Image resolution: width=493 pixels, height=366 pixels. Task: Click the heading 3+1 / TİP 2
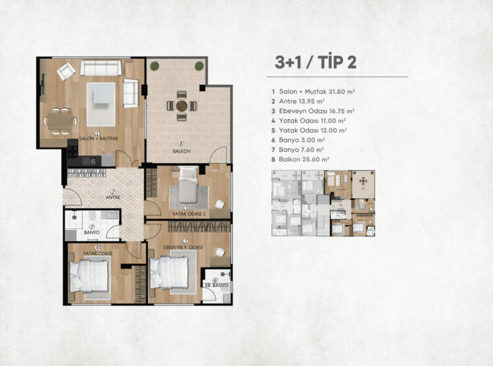(x=316, y=62)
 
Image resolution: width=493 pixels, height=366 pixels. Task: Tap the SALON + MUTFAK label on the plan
(x=99, y=139)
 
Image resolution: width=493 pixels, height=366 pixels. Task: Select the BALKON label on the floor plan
(x=181, y=151)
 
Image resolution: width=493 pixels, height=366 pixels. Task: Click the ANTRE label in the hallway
(x=113, y=197)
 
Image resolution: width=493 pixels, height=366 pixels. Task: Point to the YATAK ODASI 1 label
(x=189, y=214)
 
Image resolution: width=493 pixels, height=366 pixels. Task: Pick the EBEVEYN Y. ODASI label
(x=183, y=248)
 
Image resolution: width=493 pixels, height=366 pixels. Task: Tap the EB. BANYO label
(x=217, y=286)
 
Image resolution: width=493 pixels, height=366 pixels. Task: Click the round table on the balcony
(x=181, y=106)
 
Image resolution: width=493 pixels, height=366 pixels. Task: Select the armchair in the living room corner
(x=66, y=71)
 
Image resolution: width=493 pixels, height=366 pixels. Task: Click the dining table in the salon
(x=60, y=121)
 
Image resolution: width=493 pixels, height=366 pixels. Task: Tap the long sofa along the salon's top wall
(x=101, y=68)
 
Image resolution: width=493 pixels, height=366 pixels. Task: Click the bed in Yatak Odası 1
(x=188, y=184)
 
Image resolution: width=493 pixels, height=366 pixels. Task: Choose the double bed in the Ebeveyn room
(x=169, y=273)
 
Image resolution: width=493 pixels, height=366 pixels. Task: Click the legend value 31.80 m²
(x=342, y=91)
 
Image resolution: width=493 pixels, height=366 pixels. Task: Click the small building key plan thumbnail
(x=323, y=203)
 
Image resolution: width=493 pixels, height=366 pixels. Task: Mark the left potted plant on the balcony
(x=154, y=66)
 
